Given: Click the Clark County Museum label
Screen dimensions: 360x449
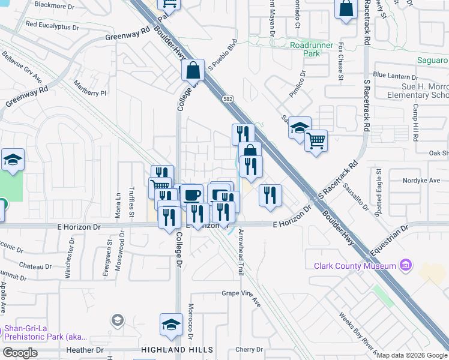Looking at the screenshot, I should pos(355,266).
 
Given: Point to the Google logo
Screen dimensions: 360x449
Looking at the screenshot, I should pos(20,353).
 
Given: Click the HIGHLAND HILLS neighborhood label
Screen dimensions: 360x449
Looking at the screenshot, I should pos(176,350).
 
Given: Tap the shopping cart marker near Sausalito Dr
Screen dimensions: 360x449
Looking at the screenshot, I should pos(316,141).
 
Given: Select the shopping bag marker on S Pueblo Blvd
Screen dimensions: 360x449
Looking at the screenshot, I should pos(193,70).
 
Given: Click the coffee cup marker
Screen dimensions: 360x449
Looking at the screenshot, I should pos(192,195).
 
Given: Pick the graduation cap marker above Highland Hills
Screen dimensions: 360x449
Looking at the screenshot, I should pos(171,325).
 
